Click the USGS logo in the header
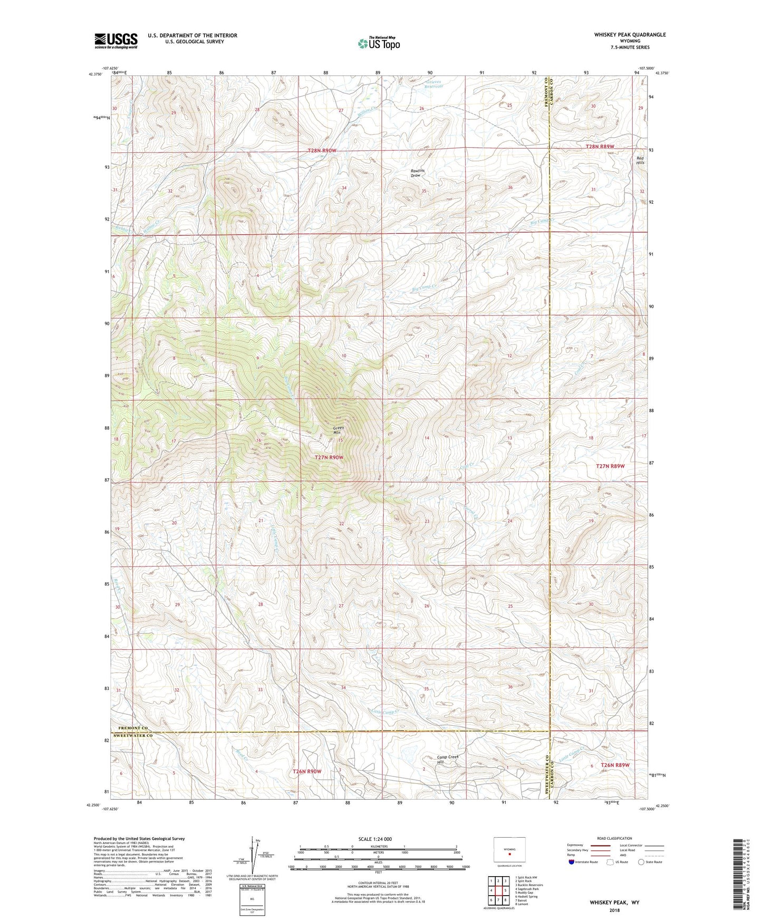click(116, 40)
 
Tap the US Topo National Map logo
click(379, 43)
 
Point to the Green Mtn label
click(338, 430)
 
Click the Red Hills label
click(640, 160)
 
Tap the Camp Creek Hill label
click(447, 759)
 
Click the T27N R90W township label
click(329, 457)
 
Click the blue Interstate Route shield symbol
click(572, 862)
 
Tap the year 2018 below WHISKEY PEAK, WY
click(614, 910)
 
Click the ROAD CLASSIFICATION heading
click(615, 838)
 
